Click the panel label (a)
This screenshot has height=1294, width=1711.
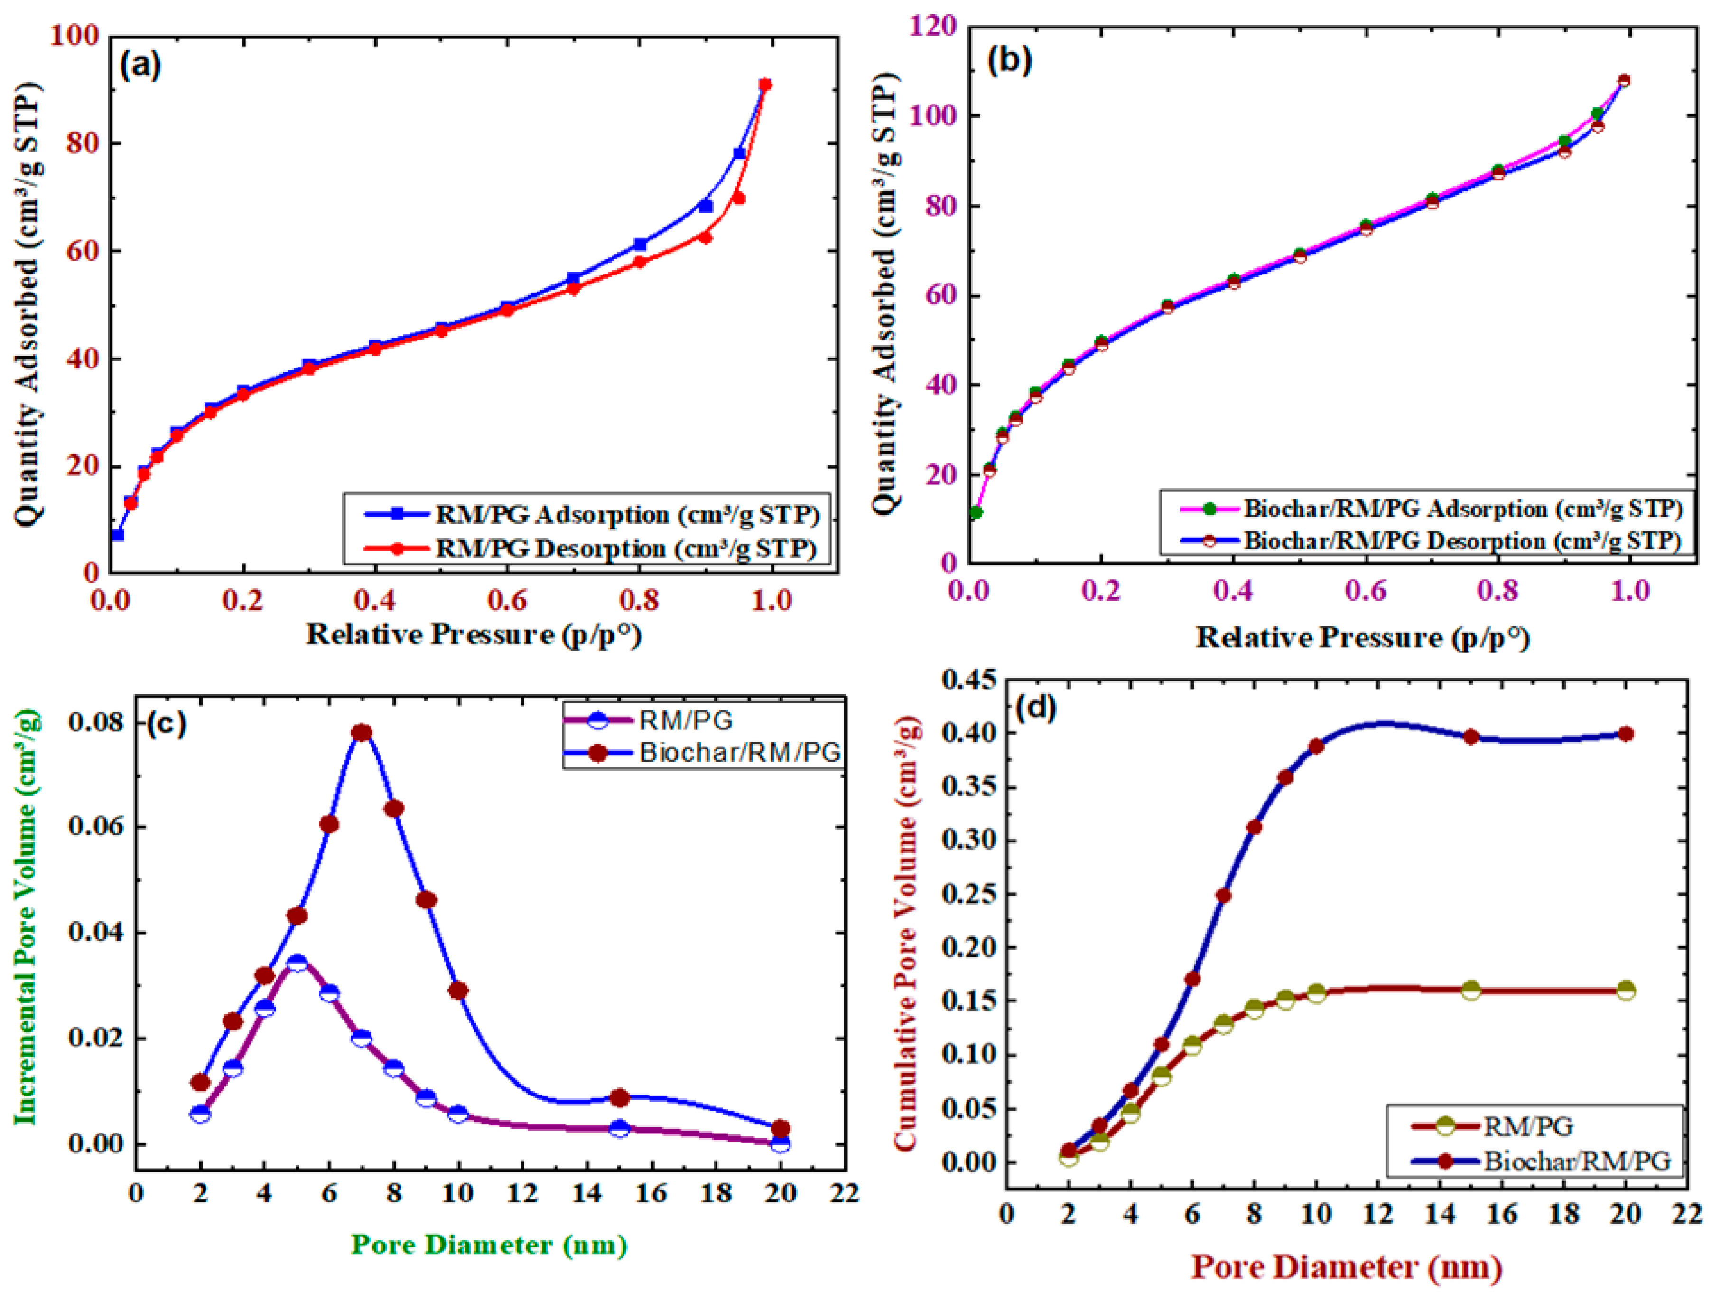click(140, 65)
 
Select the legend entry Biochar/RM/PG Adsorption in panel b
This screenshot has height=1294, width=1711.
click(1462, 509)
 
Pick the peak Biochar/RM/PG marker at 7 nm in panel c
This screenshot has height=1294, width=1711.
click(361, 732)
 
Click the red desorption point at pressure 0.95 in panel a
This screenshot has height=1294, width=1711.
click(739, 199)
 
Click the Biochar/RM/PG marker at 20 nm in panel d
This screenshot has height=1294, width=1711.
click(1626, 734)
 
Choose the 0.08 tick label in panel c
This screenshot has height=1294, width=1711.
click(96, 722)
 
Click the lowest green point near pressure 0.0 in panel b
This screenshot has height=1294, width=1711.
click(976, 512)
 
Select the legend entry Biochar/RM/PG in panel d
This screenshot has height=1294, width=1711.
click(1576, 1161)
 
